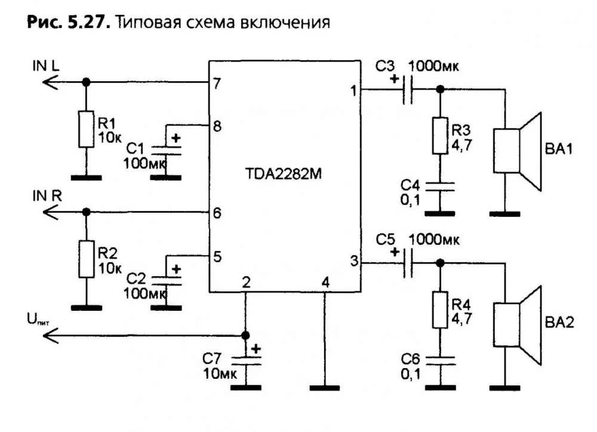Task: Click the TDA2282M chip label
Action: pos(284,174)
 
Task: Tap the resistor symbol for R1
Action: pos(86,128)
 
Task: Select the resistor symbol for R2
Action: pos(86,258)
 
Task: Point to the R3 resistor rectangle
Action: pos(440,136)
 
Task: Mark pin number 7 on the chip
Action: pos(217,83)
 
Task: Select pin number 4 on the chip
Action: pos(325,281)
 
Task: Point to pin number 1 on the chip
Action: pos(353,90)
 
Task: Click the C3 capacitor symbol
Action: pos(408,90)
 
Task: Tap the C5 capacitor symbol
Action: pos(408,264)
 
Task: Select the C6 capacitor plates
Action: pos(440,359)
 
